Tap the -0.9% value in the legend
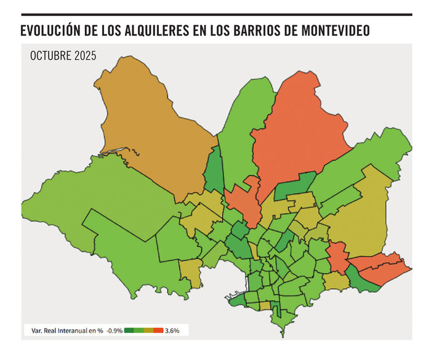pyautogui.click(x=113, y=330)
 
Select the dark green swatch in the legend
pyautogui.click(x=129, y=330)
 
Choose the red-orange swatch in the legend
pyautogui.click(x=158, y=330)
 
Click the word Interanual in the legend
pyautogui.click(x=70, y=330)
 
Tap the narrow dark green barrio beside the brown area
pyautogui.click(x=214, y=172)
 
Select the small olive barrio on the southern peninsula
pyautogui.click(x=265, y=305)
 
